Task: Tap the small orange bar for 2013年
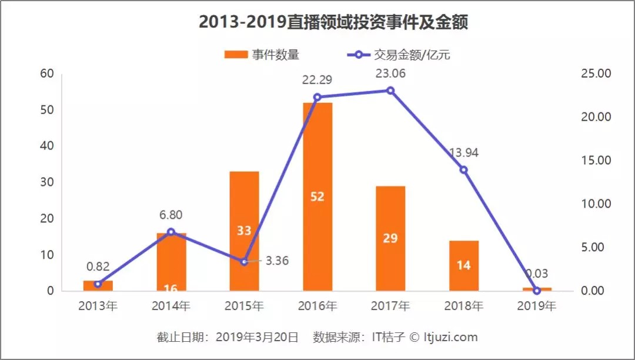pos(98,286)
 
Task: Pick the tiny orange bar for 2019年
pos(537,289)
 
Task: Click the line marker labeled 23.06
pos(390,90)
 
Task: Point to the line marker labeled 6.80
pos(171,232)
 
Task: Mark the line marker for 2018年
pos(463,169)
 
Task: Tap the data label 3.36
pos(277,260)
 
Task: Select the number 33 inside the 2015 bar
pos(244,231)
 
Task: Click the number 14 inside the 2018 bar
pos(463,265)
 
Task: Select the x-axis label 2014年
pos(171,306)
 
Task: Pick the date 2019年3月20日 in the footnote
pos(258,337)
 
